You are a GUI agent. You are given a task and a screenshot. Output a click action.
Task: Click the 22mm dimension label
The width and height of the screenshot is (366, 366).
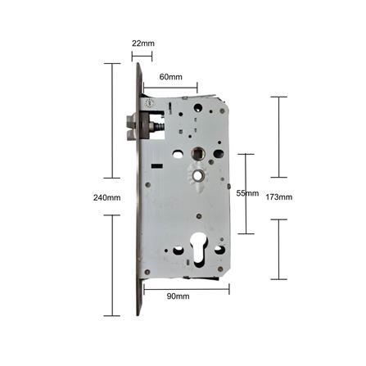click(143, 43)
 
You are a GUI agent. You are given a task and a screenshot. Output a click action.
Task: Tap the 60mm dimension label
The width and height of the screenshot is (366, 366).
click(170, 77)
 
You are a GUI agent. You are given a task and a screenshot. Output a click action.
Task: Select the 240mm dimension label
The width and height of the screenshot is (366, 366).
click(106, 197)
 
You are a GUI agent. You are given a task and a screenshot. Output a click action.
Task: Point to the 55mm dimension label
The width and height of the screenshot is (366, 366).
click(247, 193)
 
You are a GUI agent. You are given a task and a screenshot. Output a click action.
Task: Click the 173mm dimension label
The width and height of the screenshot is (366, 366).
click(279, 197)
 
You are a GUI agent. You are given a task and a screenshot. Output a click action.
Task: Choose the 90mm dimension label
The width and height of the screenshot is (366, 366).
click(178, 296)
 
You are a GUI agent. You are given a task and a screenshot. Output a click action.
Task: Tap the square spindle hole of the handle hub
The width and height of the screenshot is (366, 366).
click(197, 153)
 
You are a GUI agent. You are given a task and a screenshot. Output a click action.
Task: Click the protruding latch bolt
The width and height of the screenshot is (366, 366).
click(133, 127)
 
